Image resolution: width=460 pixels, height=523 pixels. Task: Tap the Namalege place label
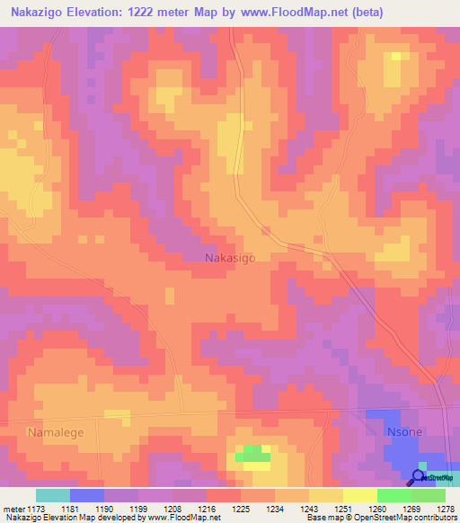tap(57, 432)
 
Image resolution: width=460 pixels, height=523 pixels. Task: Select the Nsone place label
tap(404, 432)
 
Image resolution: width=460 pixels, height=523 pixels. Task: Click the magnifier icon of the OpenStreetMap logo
tap(417, 477)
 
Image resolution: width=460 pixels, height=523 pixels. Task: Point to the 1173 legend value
tap(33, 509)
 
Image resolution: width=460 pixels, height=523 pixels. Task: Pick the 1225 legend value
tap(240, 509)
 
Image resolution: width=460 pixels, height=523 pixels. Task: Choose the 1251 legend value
tap(342, 509)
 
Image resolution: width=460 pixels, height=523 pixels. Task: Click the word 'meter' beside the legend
tap(13, 509)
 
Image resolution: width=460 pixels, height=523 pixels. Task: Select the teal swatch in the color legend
tap(53, 495)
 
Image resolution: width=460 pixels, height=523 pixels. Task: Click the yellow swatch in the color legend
tap(359, 495)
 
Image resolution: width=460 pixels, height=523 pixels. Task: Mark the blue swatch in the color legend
tap(87, 495)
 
